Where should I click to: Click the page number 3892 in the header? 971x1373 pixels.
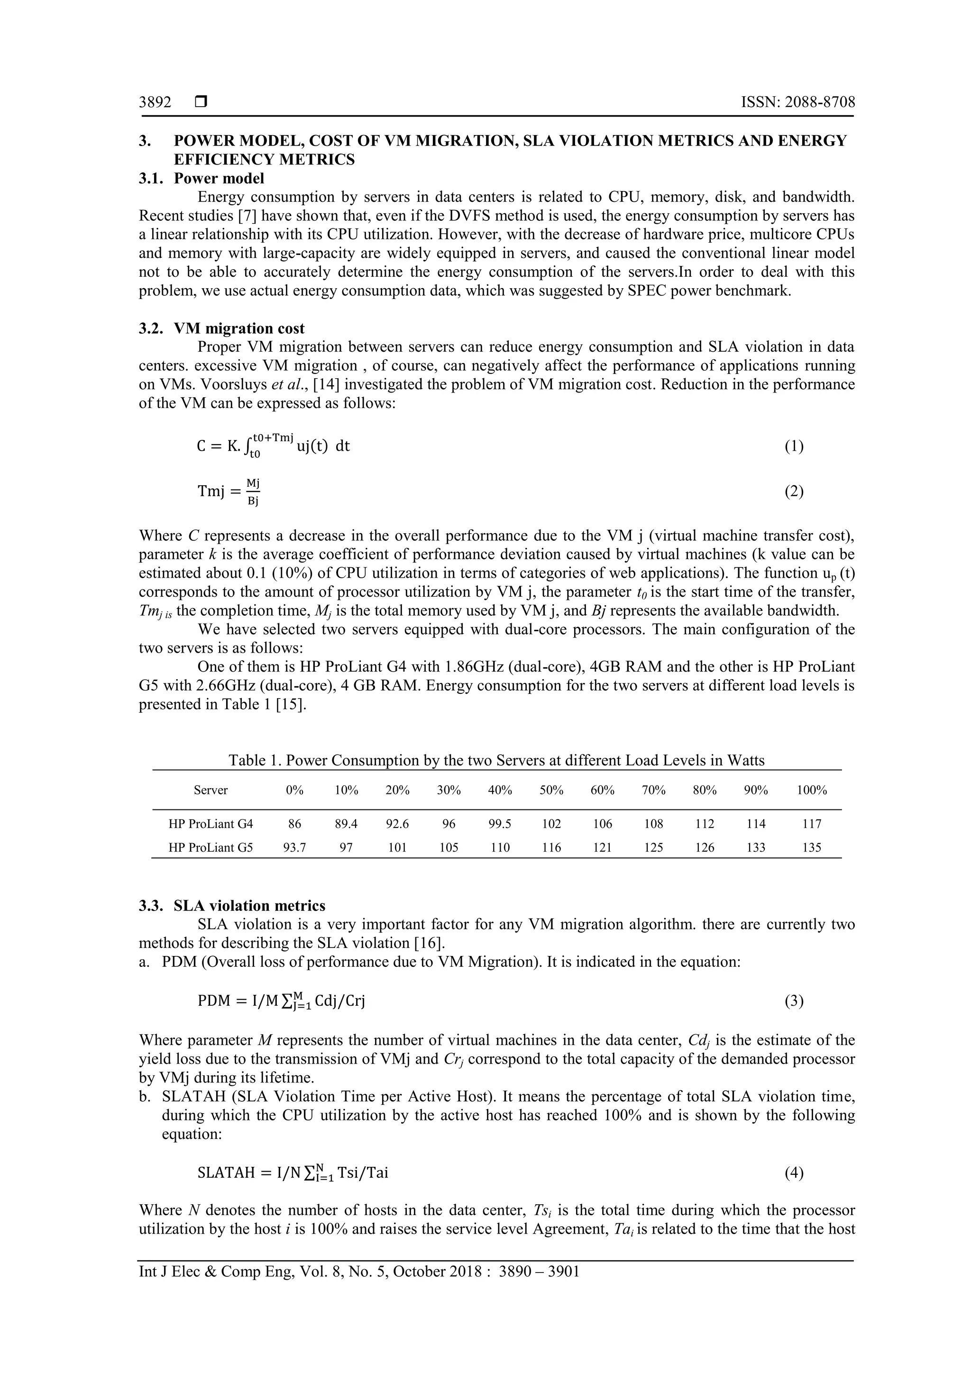click(x=155, y=102)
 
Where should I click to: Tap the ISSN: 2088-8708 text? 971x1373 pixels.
click(x=797, y=102)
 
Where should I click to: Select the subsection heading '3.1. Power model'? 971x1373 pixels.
click(x=202, y=178)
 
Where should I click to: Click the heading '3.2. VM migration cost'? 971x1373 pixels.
click(x=221, y=328)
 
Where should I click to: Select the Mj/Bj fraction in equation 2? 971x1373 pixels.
click(x=253, y=491)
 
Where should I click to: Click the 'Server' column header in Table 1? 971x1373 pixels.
click(x=211, y=790)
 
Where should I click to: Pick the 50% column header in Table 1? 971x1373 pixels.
click(x=551, y=790)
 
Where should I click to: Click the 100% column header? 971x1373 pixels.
click(x=811, y=790)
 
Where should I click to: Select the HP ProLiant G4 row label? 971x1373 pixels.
click(x=211, y=824)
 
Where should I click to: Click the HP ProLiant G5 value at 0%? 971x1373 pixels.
click(x=294, y=847)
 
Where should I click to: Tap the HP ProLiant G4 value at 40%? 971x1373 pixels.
click(x=500, y=824)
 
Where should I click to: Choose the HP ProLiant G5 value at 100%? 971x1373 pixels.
click(x=811, y=847)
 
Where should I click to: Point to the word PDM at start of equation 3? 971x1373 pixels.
click(x=214, y=1001)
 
